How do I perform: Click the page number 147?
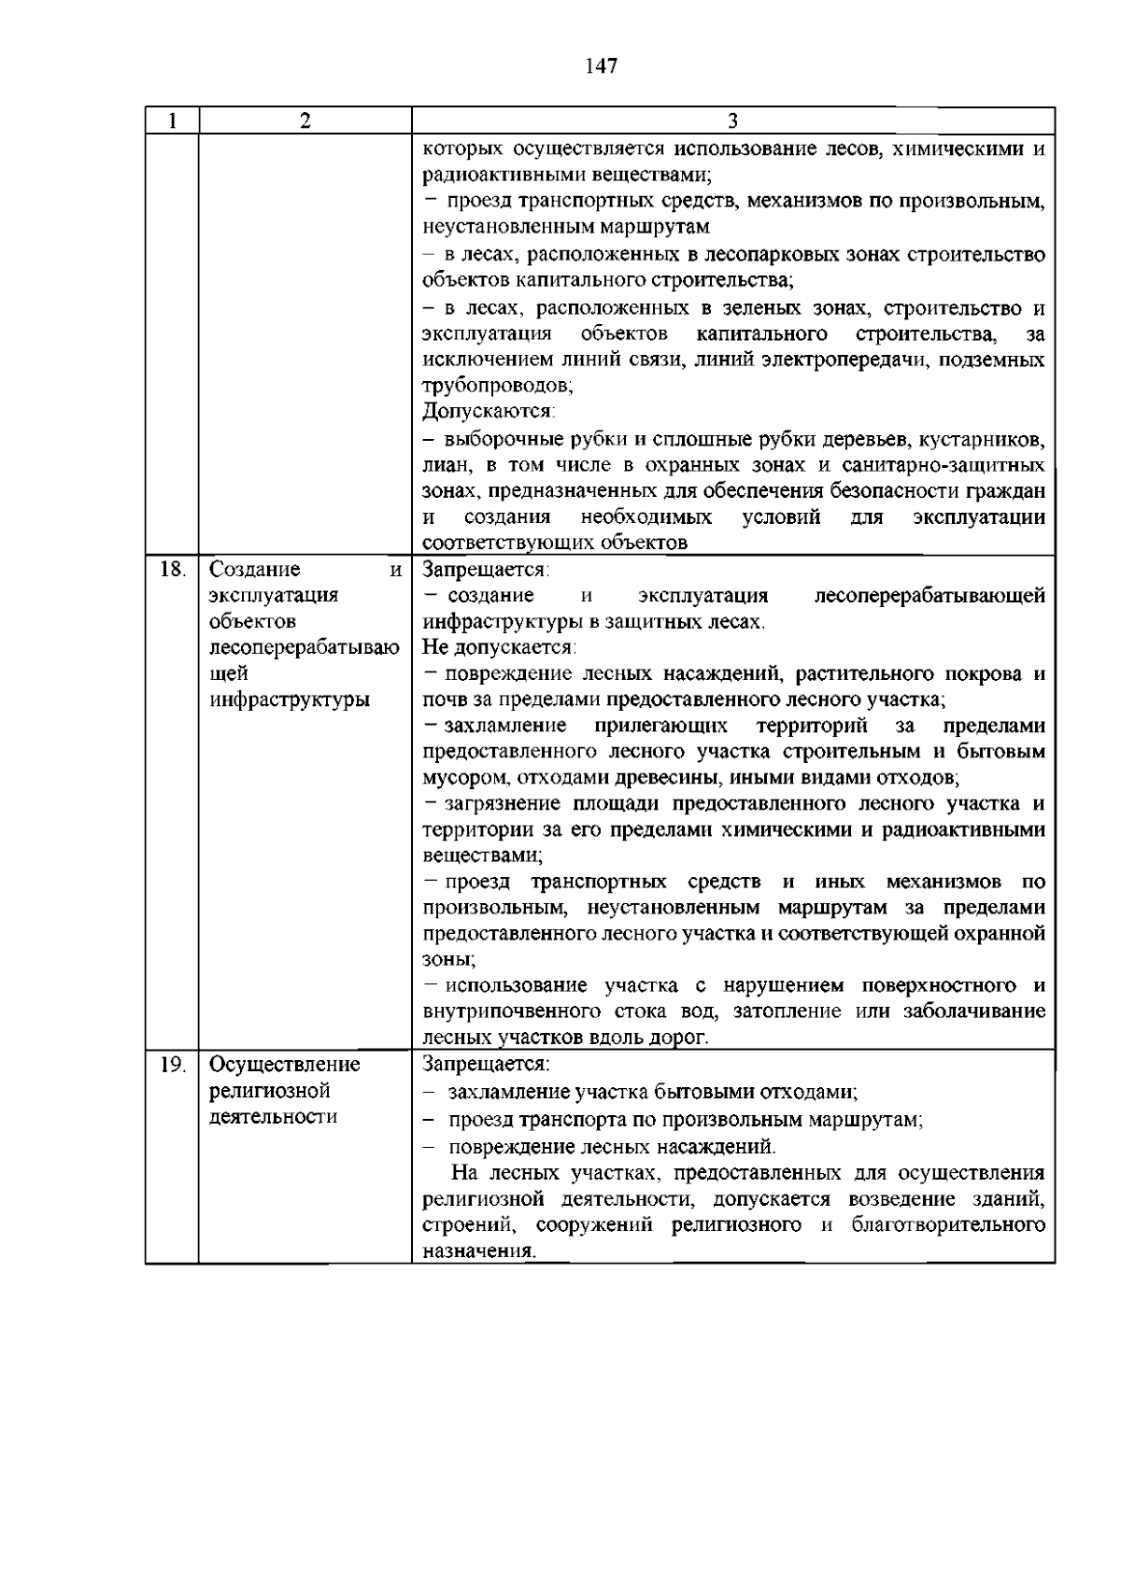click(x=602, y=65)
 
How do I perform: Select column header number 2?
click(x=305, y=121)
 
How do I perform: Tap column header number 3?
click(x=732, y=121)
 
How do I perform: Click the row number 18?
click(x=172, y=569)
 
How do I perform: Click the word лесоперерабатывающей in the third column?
click(x=929, y=596)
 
